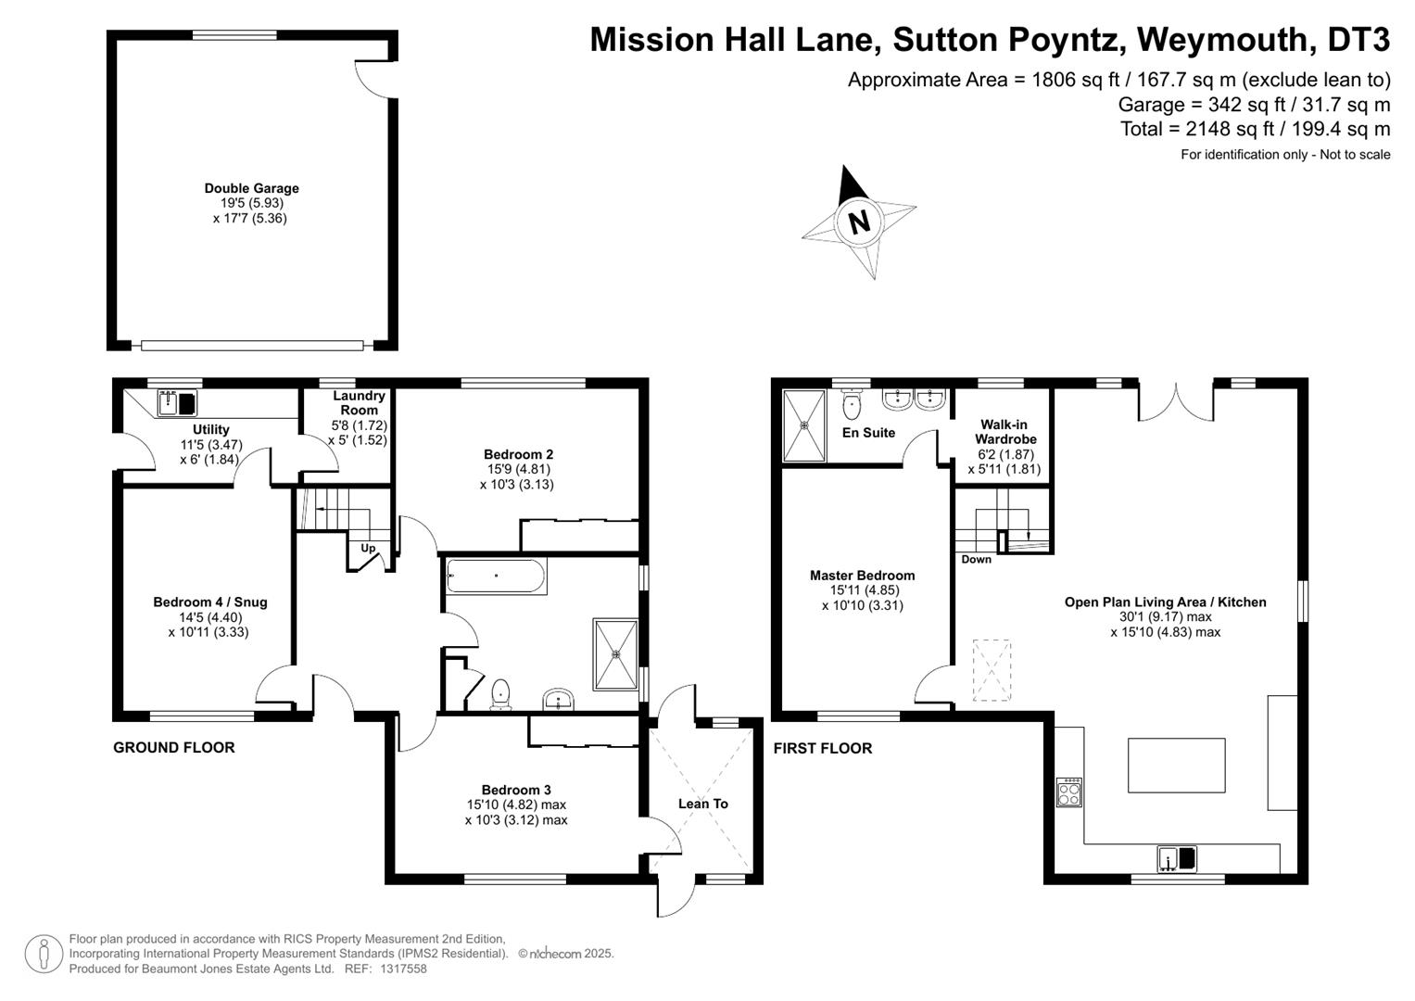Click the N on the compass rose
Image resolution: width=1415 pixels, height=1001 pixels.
859,222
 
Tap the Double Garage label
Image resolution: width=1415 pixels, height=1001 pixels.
251,188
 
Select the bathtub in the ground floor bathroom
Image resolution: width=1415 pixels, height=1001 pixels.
496,576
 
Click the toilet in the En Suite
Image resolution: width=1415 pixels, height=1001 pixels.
852,406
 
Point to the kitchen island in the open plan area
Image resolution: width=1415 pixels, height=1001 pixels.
1176,765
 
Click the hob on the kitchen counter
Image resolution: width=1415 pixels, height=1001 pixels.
1068,792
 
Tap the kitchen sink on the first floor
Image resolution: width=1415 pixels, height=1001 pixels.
1176,859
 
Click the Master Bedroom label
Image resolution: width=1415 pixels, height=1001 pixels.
862,576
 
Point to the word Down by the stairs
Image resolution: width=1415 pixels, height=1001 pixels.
976,559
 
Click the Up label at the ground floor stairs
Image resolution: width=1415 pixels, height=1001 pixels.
368,548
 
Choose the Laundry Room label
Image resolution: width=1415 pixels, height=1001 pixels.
359,402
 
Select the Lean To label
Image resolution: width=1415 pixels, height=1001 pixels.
702,804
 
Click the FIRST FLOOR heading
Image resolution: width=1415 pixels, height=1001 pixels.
822,748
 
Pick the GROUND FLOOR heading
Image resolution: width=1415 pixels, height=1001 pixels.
173,747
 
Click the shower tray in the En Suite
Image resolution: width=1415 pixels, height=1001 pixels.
803,425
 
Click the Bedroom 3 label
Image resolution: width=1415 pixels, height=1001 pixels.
515,790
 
